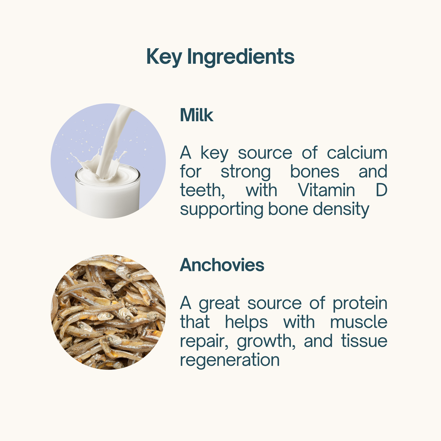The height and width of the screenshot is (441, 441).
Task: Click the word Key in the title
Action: pyautogui.click(x=164, y=57)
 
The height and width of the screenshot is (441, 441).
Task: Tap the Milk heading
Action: pyautogui.click(x=197, y=115)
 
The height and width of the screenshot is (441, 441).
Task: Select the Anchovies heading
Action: pyautogui.click(x=222, y=265)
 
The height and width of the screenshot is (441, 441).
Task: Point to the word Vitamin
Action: pyautogui.click(x=326, y=190)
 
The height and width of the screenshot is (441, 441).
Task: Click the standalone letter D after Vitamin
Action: pyautogui.click(x=381, y=190)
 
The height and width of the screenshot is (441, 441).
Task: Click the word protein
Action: pyautogui.click(x=360, y=303)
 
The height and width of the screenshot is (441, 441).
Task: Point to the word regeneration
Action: pyautogui.click(x=230, y=360)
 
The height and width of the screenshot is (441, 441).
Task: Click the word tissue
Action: pyautogui.click(x=364, y=341)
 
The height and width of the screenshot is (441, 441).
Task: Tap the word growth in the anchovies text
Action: pyautogui.click(x=266, y=342)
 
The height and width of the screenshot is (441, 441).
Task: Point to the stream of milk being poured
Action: pyautogui.click(x=112, y=142)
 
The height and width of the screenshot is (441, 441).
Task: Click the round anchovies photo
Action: pyautogui.click(x=108, y=312)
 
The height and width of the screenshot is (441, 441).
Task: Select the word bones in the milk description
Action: pyautogui.click(x=315, y=172)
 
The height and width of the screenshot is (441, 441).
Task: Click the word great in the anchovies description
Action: pyautogui.click(x=219, y=304)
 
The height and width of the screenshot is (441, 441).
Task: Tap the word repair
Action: pyautogui.click(x=204, y=342)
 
